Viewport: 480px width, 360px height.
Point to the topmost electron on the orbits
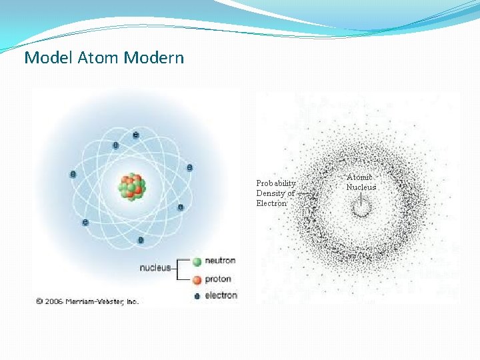tap(136, 135)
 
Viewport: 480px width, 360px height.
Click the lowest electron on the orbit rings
tap(141, 240)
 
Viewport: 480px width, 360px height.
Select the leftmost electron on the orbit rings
tap(73, 175)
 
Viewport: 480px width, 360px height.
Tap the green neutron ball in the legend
tap(197, 261)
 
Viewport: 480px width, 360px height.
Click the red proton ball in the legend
tap(197, 279)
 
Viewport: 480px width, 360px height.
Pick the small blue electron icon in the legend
tap(197, 296)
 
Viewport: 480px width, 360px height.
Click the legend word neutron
tap(220, 261)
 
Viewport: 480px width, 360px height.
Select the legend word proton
tap(218, 279)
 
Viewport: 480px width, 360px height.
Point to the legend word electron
tap(221, 295)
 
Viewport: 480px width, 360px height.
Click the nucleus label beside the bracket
tap(154, 269)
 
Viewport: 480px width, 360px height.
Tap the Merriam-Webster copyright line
tap(87, 301)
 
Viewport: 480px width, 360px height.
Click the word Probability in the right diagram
tap(276, 183)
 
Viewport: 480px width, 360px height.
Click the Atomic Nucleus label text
tap(361, 182)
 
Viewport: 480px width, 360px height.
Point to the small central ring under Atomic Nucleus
tap(361, 209)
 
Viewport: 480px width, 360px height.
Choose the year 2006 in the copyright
tap(54, 301)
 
